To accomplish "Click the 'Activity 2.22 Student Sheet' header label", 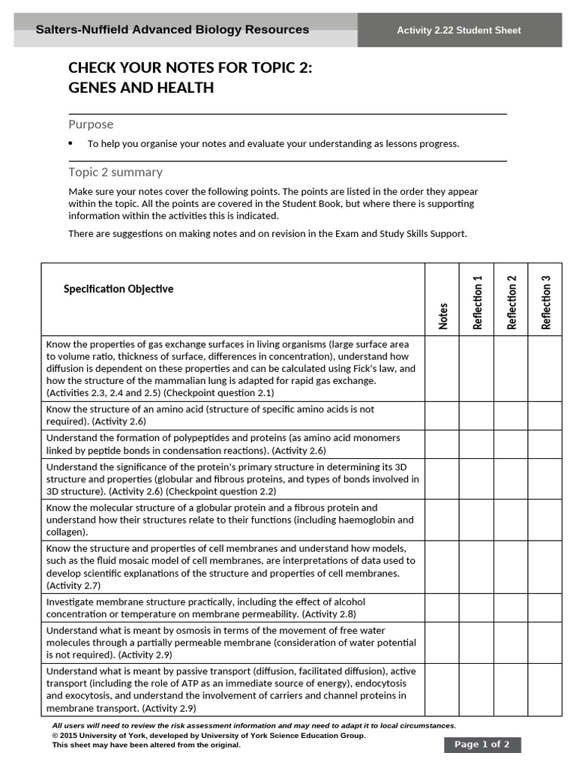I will (459, 31).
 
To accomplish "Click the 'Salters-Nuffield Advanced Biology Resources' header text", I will (172, 30).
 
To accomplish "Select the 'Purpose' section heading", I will (91, 124).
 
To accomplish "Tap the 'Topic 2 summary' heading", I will (115, 172).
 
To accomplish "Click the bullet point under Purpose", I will (71, 143).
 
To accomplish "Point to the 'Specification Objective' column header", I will (118, 289).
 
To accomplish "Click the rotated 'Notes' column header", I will (443, 316).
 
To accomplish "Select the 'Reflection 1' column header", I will (477, 302).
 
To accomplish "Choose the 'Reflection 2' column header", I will (511, 302).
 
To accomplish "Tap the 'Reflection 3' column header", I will (545, 302).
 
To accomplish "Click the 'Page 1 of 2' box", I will (481, 745).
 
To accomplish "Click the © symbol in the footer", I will (55, 736).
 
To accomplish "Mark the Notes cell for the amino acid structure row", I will (442, 415).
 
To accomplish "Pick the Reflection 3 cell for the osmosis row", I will (544, 643).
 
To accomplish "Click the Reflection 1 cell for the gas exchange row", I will (476, 368).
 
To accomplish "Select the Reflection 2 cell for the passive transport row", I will (511, 688).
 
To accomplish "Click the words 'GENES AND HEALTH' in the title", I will (141, 88).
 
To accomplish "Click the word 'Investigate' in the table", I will (71, 601).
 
